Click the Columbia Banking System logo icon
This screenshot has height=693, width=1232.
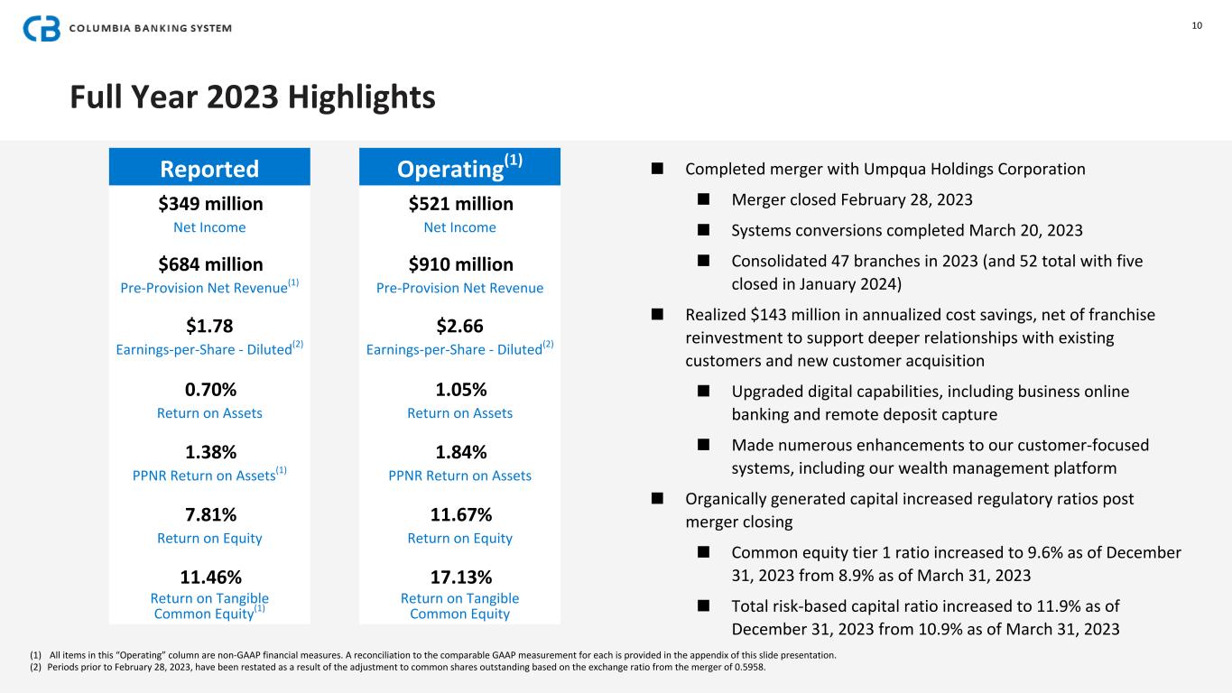point(42,29)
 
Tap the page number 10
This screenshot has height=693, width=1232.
point(1197,25)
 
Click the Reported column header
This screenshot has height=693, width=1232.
point(209,169)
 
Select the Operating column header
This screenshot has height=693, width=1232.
point(459,168)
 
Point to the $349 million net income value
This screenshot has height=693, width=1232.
point(209,204)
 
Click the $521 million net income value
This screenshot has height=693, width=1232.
point(459,204)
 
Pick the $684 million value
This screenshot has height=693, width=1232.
point(209,264)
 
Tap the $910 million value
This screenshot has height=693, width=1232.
point(459,264)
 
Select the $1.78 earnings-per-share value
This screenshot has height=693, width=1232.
point(209,325)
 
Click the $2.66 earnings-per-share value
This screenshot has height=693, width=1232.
point(459,325)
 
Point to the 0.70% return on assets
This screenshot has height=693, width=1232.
point(209,390)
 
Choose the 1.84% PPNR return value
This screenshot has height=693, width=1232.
point(459,452)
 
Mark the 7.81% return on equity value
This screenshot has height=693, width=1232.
point(209,514)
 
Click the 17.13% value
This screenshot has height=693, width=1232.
point(459,577)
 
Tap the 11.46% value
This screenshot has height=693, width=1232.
point(209,577)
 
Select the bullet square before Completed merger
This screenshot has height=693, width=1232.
point(657,169)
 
